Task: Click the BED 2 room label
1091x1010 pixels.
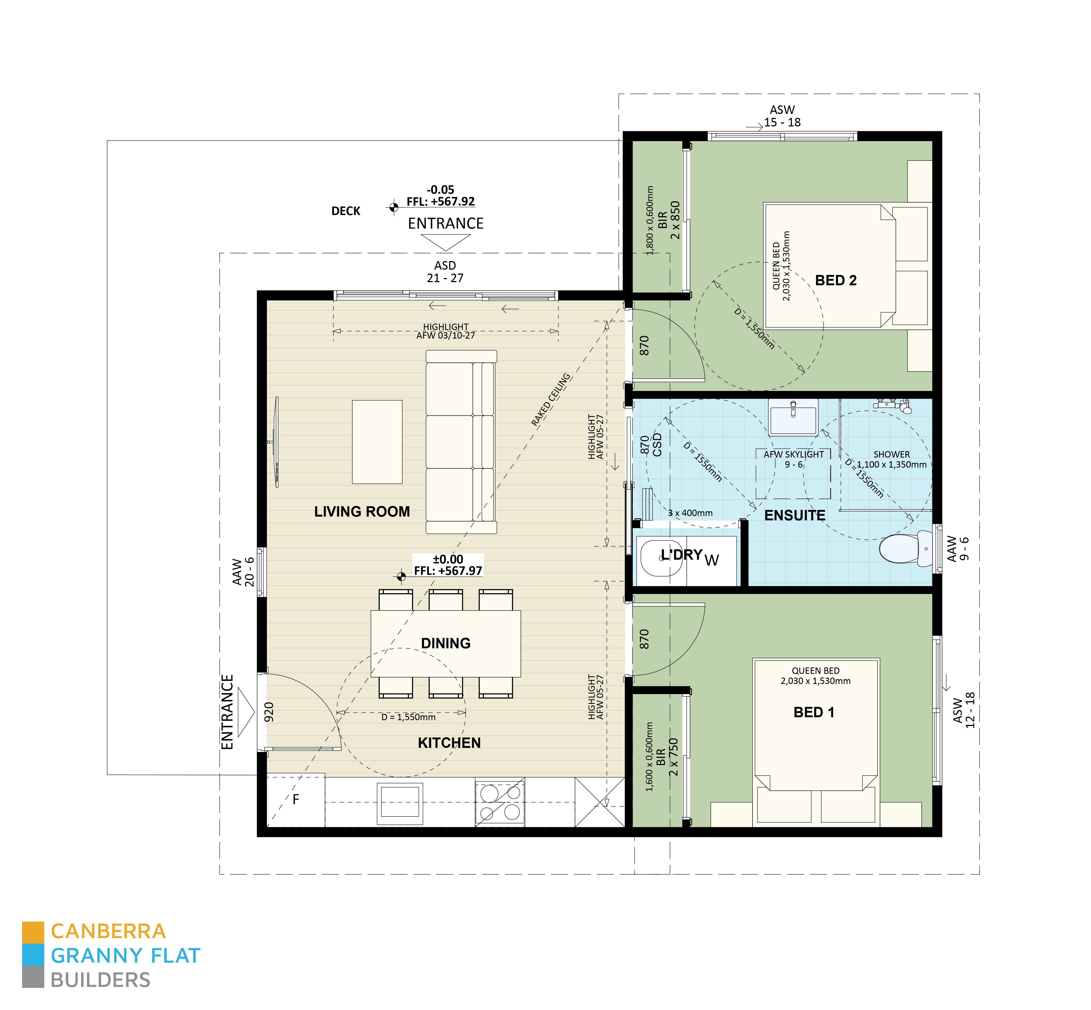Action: click(835, 280)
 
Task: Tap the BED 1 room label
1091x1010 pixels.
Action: click(814, 712)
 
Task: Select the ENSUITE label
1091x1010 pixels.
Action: click(795, 516)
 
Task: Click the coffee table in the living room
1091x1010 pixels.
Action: click(377, 442)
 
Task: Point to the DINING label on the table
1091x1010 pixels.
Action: click(446, 643)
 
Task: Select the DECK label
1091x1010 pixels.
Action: click(346, 211)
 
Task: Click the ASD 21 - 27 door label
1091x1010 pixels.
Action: click(445, 272)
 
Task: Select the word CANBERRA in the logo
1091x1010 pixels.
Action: click(108, 931)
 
